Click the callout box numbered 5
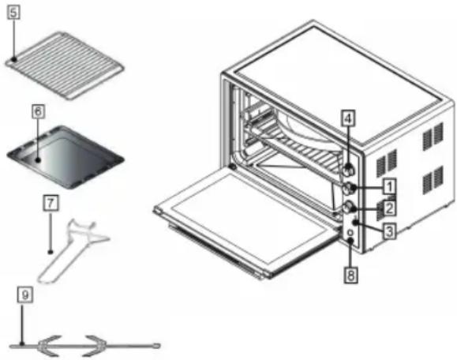point(13,13)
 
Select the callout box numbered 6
point(38,111)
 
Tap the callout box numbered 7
point(51,203)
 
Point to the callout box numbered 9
point(25,294)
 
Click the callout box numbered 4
point(348,118)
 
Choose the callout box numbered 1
point(389,186)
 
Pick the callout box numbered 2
point(389,208)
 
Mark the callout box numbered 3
point(390,232)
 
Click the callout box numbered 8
point(350,275)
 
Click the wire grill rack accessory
point(66,66)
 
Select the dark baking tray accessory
point(66,157)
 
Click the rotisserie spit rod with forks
point(84,346)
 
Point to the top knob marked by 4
point(348,170)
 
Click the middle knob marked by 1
point(349,189)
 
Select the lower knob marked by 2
point(348,208)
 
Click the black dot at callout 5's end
point(14,59)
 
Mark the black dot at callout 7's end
point(51,252)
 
